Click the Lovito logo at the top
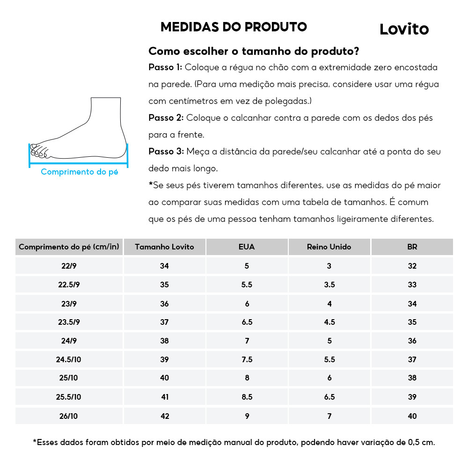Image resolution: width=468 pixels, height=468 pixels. (404, 29)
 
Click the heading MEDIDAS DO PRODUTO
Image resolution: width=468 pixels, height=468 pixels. (234, 27)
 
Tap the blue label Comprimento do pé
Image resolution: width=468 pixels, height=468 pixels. (79, 172)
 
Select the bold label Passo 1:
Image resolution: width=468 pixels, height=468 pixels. (165, 67)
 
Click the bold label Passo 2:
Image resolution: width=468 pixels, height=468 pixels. (165, 118)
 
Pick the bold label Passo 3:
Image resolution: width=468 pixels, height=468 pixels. (165, 152)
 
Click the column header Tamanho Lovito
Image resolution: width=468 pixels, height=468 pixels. (164, 247)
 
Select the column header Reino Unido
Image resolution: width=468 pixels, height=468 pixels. (329, 247)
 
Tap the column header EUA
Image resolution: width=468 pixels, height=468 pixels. (247, 247)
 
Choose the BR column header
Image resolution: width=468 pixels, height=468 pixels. (412, 247)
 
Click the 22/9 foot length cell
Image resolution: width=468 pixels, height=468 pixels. (69, 266)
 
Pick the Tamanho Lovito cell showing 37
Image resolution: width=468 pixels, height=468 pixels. (164, 322)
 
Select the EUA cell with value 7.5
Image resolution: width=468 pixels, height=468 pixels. (247, 359)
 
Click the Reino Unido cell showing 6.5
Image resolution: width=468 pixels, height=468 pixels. (329, 397)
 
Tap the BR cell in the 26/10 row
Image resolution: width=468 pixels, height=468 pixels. (412, 416)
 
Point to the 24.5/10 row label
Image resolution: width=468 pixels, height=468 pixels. (69, 359)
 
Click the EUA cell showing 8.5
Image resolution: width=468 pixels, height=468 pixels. (247, 397)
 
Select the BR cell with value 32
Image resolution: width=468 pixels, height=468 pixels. (412, 266)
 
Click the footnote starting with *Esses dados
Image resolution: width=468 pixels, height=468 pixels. (234, 442)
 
